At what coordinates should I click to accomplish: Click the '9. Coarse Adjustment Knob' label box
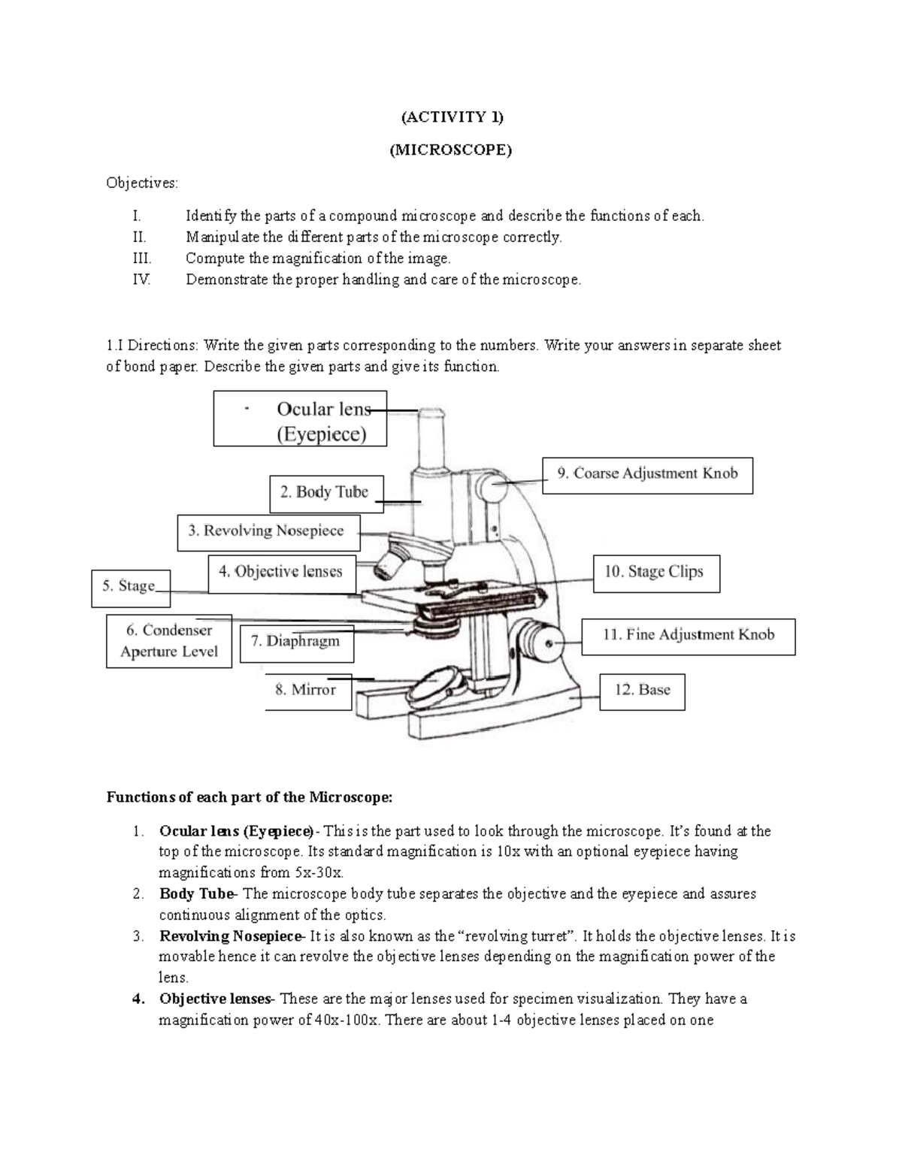(647, 474)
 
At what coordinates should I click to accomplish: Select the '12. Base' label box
(642, 690)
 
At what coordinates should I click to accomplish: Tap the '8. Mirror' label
(307, 690)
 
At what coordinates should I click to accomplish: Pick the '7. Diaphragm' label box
(295, 641)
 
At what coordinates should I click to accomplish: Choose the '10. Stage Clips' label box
(655, 573)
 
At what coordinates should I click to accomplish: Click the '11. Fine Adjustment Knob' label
(688, 635)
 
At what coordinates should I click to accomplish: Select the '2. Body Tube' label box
(325, 493)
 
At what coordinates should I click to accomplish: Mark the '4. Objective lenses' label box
(280, 573)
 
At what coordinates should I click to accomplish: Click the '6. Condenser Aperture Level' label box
(169, 641)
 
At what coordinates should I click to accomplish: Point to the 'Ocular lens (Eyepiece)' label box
(301, 419)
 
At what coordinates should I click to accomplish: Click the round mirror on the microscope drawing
(435, 686)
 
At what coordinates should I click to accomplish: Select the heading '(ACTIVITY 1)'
(451, 116)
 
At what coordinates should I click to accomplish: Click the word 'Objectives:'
(142, 183)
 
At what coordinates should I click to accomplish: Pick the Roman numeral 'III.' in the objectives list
(141, 258)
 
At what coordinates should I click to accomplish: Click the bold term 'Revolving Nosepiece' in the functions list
(229, 936)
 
